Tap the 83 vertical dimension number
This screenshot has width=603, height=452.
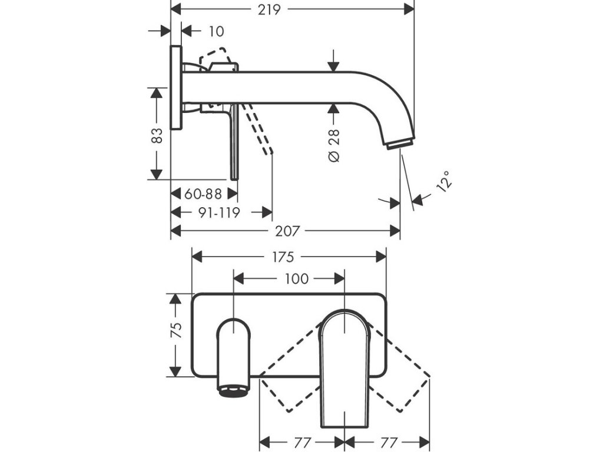tap(156, 136)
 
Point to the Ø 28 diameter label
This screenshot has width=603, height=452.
tap(334, 147)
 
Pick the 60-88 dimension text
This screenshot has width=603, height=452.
tap(203, 193)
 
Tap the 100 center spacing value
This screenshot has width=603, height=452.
tap(296, 278)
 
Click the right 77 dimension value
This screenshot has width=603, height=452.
tap(387, 441)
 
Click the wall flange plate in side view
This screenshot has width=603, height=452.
tap(175, 88)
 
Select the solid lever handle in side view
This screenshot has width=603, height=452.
tap(234, 141)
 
